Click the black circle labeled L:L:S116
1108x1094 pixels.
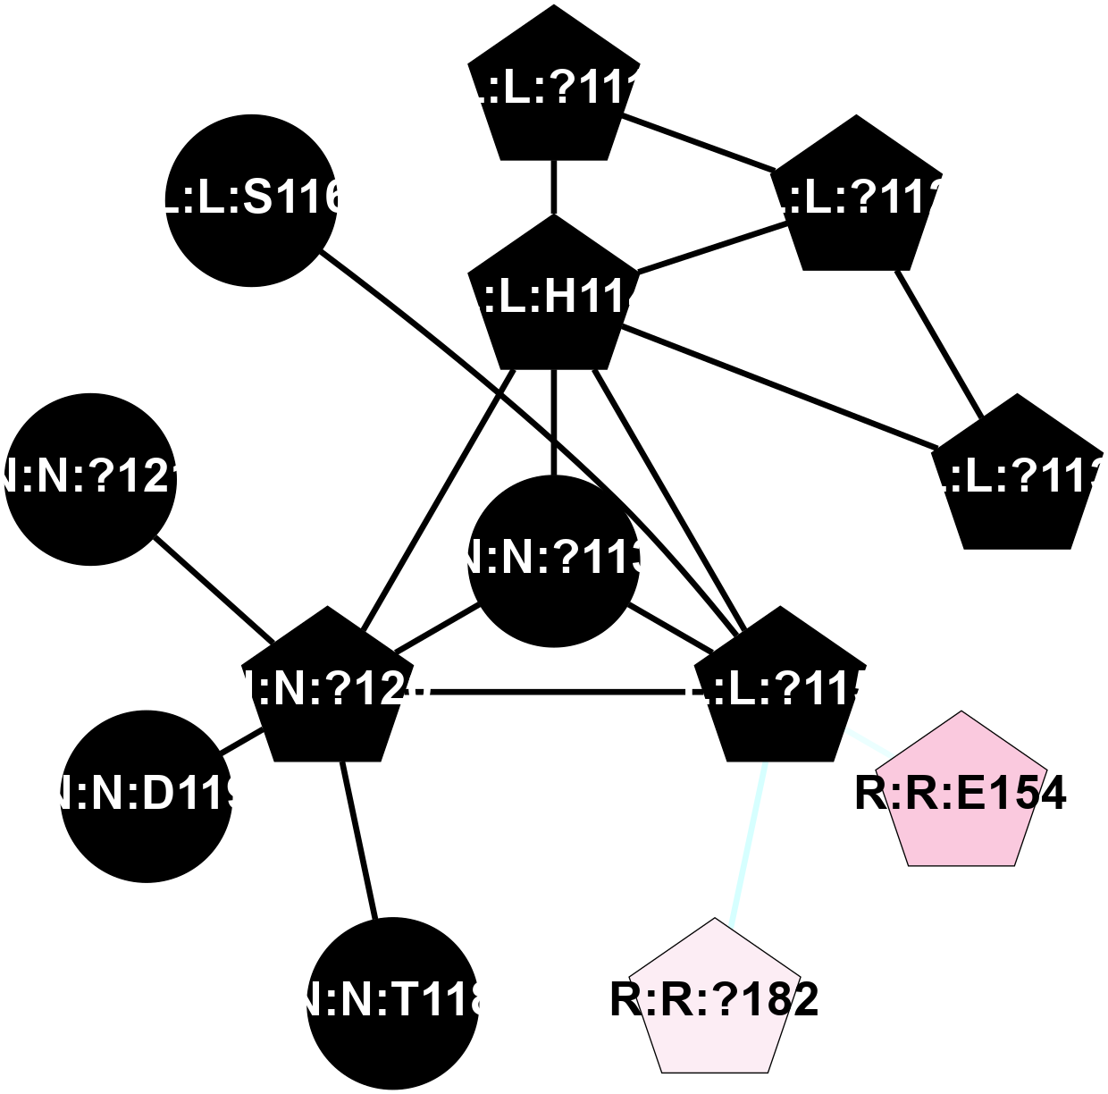click(x=251, y=200)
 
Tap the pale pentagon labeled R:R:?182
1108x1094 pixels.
click(x=715, y=1000)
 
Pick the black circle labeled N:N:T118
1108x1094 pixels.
click(x=392, y=1002)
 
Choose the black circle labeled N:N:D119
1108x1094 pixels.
click(x=147, y=796)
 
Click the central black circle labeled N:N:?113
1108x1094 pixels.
click(x=553, y=560)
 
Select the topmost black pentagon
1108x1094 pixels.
click(x=553, y=89)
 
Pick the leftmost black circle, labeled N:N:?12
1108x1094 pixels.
click(x=90, y=480)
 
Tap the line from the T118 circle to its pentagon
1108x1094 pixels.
click(x=359, y=840)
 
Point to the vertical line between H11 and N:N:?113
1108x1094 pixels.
click(x=554, y=420)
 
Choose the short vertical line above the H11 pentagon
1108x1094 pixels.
click(x=554, y=188)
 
